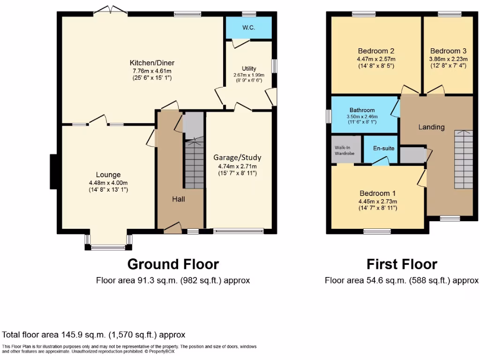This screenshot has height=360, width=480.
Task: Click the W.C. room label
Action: pos(248,28)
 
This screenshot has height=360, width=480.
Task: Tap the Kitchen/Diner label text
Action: pos(152,63)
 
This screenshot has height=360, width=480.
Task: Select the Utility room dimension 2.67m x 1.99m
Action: pos(249,75)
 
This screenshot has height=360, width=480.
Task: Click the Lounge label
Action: pos(108,175)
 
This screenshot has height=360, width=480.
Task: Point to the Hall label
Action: pos(179,199)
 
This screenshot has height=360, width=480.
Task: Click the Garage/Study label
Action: pos(237,157)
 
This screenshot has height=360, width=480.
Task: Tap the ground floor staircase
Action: pos(194,164)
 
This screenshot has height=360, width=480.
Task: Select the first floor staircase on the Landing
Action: pos(463,159)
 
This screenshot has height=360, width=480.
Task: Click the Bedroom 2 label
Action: pos(375,51)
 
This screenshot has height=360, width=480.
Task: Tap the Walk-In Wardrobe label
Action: pos(345,150)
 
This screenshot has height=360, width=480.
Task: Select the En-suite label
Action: pos(384,148)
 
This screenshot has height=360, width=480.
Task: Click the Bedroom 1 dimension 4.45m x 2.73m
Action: pos(378,201)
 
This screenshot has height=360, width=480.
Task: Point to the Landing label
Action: pos(431,127)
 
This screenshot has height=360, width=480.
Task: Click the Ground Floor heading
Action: pos(173,264)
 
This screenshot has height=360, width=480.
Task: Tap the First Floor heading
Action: pos(402,264)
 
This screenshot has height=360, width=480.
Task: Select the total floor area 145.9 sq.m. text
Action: pos(94,335)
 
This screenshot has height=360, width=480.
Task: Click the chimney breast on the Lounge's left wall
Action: pos(54,172)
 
